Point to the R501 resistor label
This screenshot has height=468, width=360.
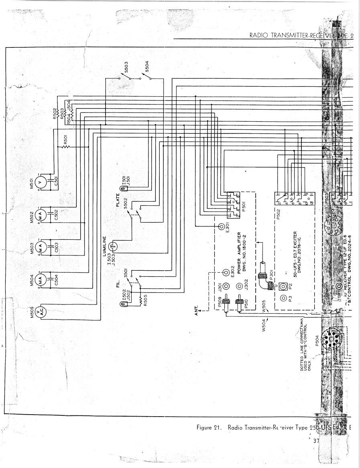(x=65, y=141)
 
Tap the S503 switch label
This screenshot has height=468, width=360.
(x=126, y=66)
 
